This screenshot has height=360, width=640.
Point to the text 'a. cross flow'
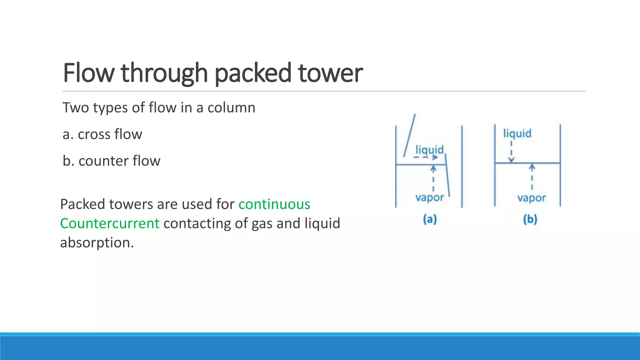tap(102, 134)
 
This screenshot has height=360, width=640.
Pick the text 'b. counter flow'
tap(111, 161)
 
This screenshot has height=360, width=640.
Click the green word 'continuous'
tap(274, 204)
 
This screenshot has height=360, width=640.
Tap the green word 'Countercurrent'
tap(110, 223)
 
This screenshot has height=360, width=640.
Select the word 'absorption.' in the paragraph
tap(97, 242)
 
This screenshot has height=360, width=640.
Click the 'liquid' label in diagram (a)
tap(429, 150)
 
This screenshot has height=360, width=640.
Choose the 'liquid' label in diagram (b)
tap(517, 133)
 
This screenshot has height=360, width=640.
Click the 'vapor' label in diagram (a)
tap(429, 197)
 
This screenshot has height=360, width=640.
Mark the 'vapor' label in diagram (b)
tap(531, 198)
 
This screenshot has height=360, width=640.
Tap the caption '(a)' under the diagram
tap(430, 219)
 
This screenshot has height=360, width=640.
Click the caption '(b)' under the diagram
tap(530, 219)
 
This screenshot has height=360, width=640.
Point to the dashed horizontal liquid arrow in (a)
tap(426, 157)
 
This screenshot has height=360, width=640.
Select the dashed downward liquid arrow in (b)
tap(511, 152)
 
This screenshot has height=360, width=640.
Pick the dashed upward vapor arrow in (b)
tap(532, 177)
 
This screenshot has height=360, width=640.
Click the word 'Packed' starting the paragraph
tap(82, 204)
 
